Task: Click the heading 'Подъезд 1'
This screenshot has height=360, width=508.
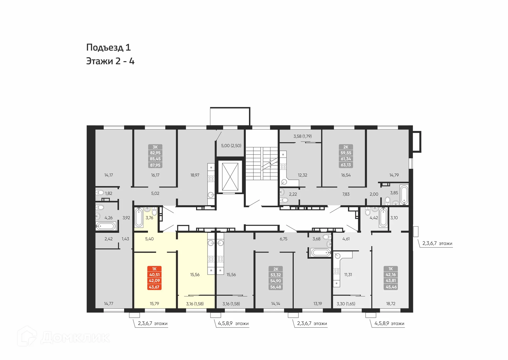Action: [108, 47]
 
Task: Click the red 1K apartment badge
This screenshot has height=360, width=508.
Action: [154, 278]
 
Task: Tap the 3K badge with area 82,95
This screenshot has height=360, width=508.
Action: [155, 156]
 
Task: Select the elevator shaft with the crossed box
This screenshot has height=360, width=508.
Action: [230, 177]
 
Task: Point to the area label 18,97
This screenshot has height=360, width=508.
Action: [195, 175]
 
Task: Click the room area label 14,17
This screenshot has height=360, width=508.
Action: [108, 175]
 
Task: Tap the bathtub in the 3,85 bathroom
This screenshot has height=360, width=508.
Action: [404, 195]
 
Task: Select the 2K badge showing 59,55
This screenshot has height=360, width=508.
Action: [346, 156]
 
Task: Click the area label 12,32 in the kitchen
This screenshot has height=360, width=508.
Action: [302, 175]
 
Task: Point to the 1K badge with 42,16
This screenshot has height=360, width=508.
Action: [391, 278]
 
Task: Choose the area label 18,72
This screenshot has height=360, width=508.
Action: [391, 304]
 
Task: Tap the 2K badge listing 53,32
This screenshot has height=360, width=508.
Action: [276, 278]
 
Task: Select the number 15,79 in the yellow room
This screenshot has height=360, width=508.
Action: [154, 304]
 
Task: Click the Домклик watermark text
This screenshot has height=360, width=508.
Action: [75, 338]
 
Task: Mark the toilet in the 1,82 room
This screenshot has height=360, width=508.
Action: [100, 192]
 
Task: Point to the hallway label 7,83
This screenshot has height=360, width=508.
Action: [346, 194]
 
